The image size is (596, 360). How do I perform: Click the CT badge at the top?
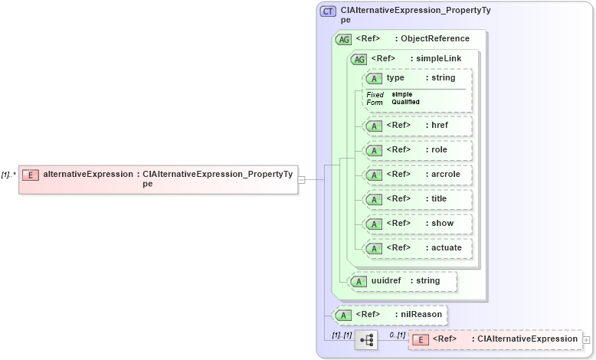[x=328, y=11]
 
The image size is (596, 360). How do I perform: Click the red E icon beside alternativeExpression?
[x=30, y=175]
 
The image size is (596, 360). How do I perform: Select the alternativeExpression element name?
[x=87, y=175]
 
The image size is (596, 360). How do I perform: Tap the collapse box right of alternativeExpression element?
[x=302, y=180]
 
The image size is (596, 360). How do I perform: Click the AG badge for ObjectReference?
[x=343, y=39]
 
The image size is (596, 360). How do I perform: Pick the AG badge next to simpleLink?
[x=358, y=59]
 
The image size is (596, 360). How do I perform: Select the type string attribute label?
[x=421, y=78]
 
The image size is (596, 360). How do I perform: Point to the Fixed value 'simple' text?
[x=402, y=94]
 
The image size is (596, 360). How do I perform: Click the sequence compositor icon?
[x=366, y=340]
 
